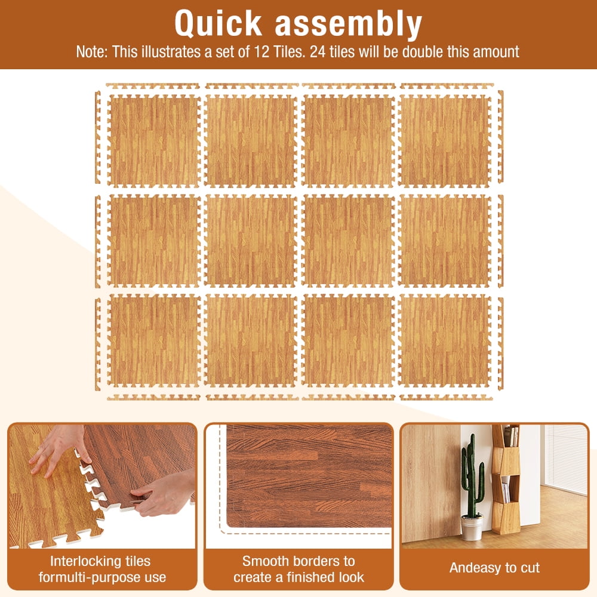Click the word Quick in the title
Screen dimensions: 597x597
point(218,24)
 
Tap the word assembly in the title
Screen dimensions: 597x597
point(349,24)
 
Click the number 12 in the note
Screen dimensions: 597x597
point(261,51)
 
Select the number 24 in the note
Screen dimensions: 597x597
point(318,51)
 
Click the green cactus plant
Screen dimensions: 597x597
point(472,475)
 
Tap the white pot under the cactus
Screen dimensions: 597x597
point(472,528)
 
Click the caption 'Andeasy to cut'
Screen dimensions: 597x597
point(494,568)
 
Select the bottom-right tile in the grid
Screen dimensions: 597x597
point(444,341)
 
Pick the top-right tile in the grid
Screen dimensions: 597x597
point(444,140)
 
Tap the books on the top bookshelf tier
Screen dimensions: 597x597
point(511,436)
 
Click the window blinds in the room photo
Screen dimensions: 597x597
point(566,459)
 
